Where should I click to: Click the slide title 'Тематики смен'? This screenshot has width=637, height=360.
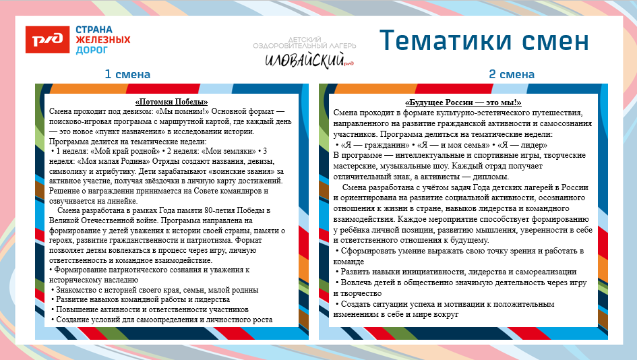click(x=483, y=40)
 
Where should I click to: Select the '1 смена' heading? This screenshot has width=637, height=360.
click(x=127, y=74)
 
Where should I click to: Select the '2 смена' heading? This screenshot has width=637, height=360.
click(x=512, y=74)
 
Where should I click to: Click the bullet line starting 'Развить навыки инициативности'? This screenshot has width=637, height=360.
click(x=455, y=272)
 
